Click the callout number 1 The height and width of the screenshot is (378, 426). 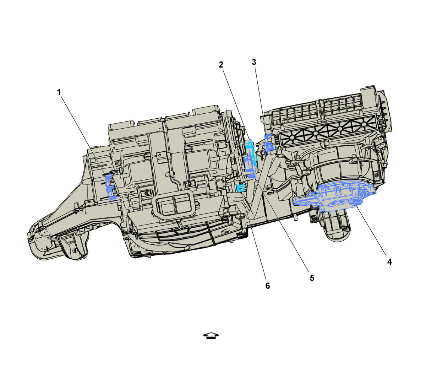pos(59,92)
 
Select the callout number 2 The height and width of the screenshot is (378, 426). pos(221,65)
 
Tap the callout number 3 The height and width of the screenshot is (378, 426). pos(254,62)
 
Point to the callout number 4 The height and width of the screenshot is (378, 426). pos(390,262)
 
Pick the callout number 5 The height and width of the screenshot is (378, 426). pos(312,278)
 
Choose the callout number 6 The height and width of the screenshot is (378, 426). pos(268,286)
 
